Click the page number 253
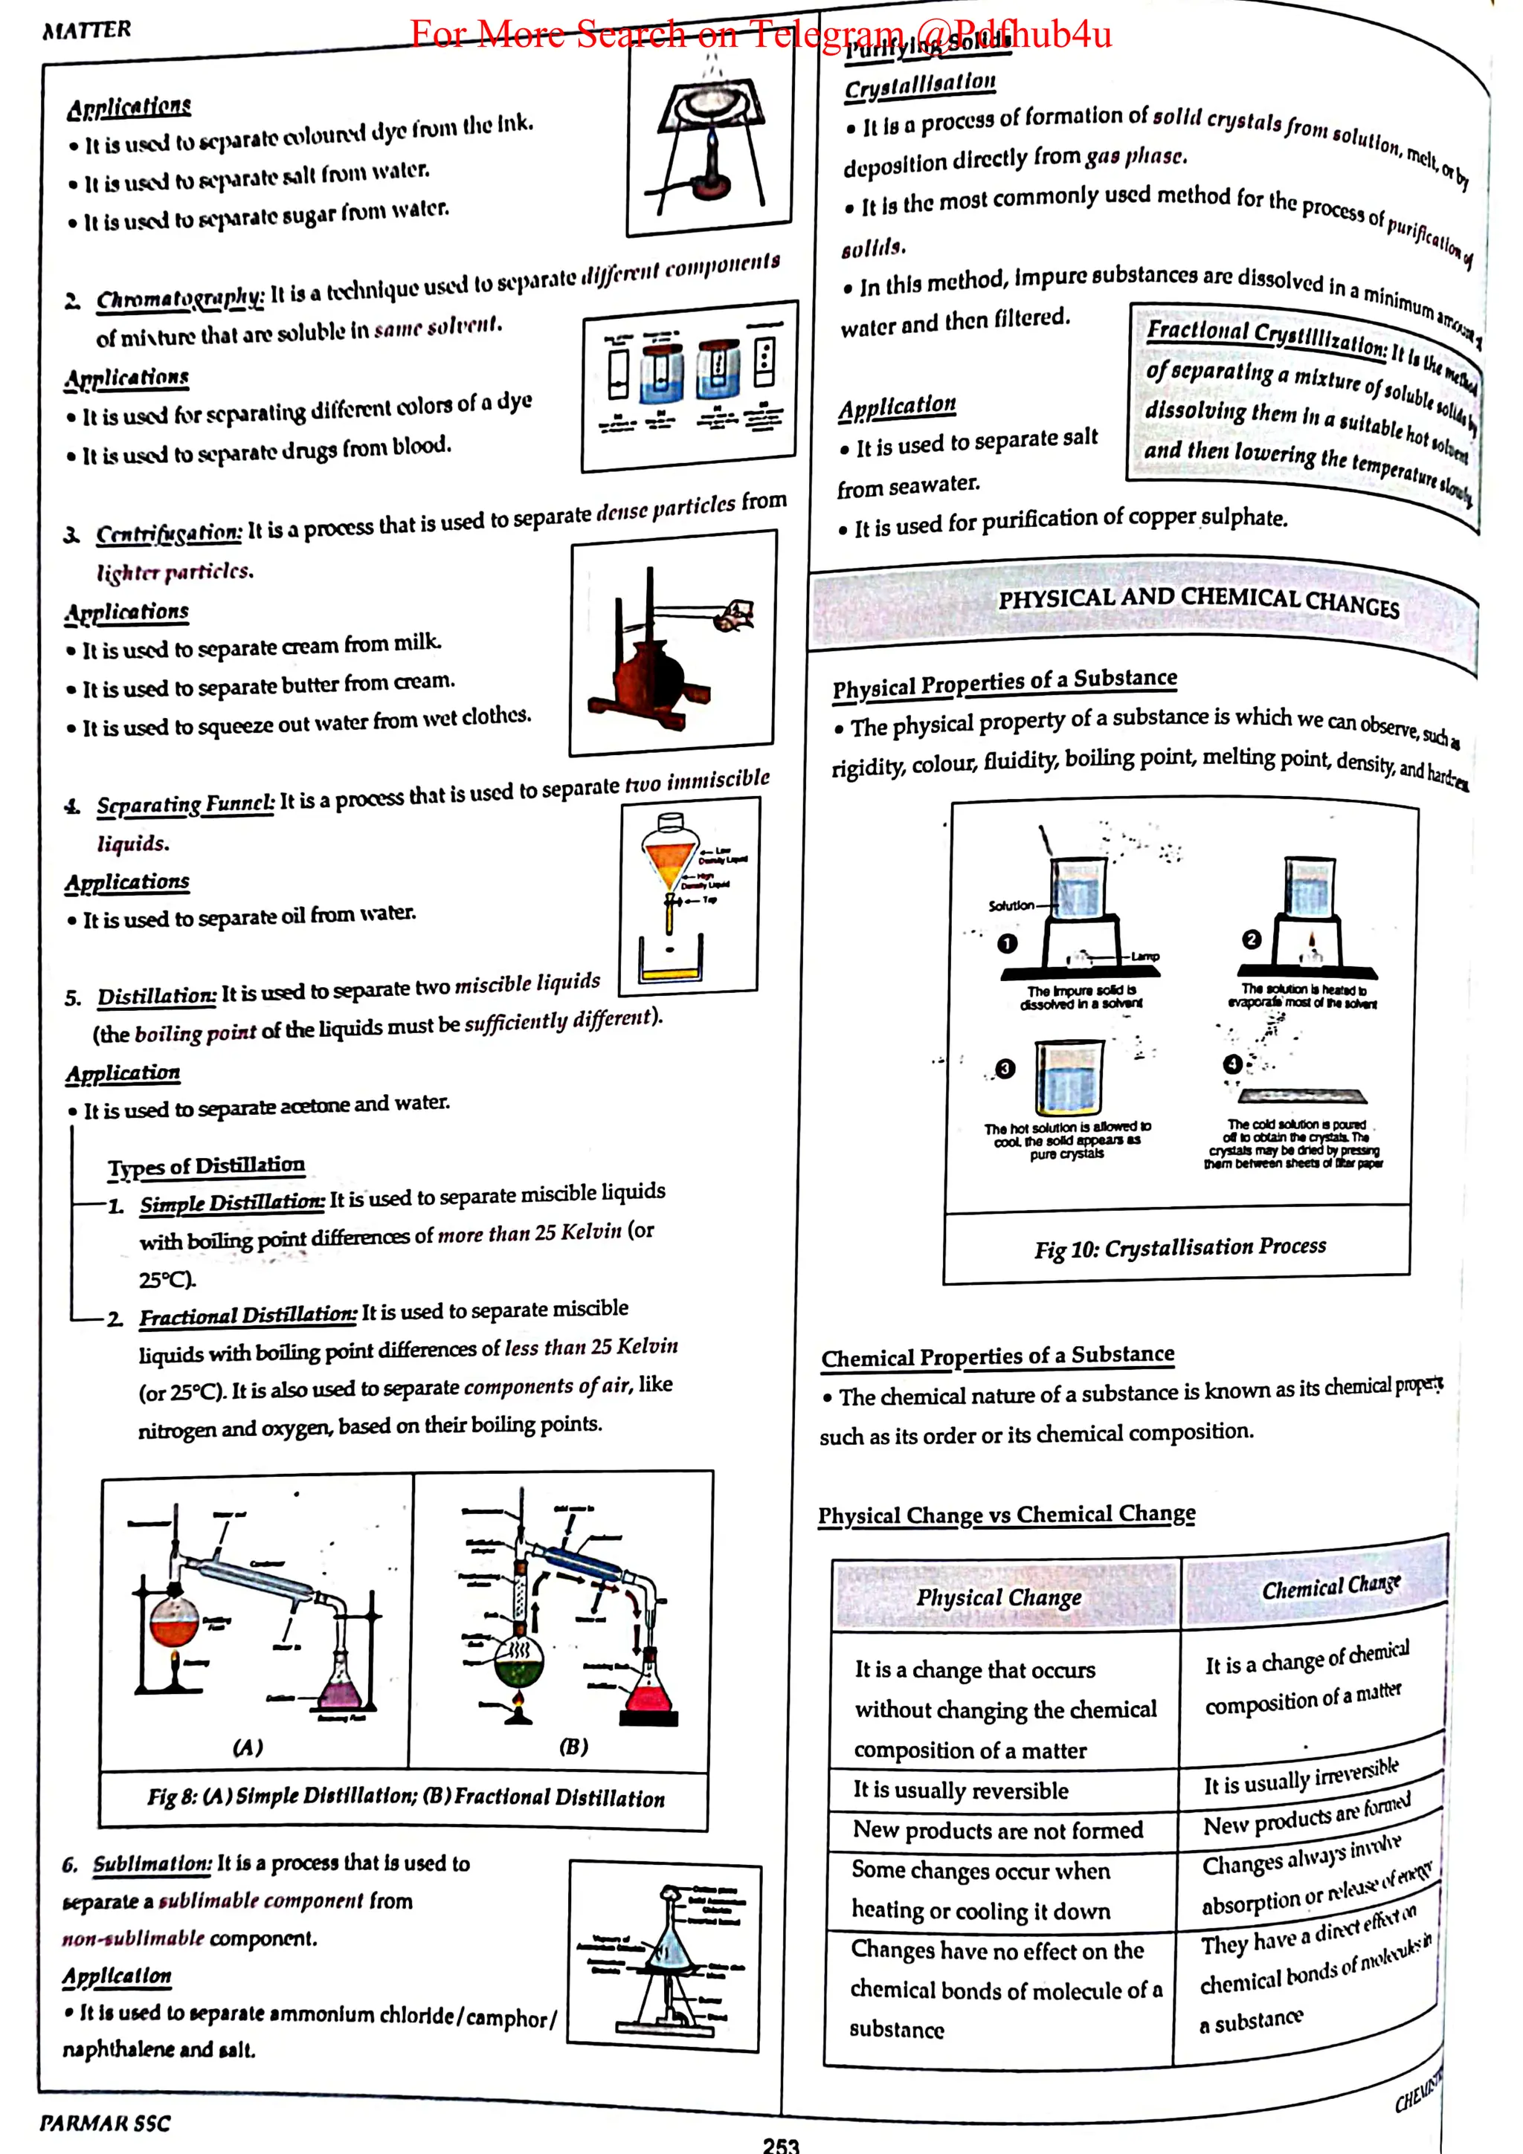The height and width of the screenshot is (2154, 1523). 781,2143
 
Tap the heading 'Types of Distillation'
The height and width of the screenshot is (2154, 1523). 207,1166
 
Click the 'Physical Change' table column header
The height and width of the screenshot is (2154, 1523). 999,1597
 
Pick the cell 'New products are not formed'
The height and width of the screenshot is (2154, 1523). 997,1831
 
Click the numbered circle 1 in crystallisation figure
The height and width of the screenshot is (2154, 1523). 1007,943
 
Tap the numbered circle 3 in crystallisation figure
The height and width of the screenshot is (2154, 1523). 1005,1069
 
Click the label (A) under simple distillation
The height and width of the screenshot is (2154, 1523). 248,1747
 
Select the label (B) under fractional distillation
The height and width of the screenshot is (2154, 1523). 573,1746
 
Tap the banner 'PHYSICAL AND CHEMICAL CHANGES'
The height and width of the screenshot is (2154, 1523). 1198,601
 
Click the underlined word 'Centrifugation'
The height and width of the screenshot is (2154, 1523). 169,534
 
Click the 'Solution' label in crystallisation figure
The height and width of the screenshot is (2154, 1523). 1011,905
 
